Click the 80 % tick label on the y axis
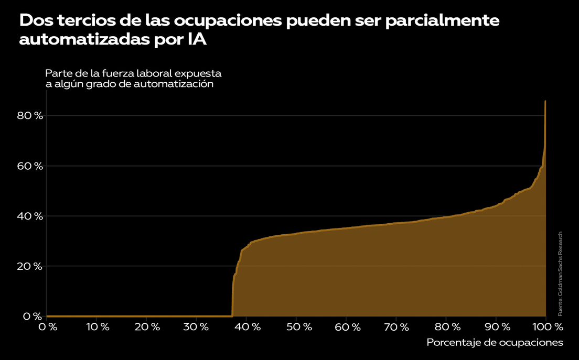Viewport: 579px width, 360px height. pyautogui.click(x=29, y=116)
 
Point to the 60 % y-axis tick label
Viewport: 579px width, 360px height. pyautogui.click(x=29, y=166)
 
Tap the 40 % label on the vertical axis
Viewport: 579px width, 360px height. pyautogui.click(x=29, y=216)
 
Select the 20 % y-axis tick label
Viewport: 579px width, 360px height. pyautogui.click(x=29, y=266)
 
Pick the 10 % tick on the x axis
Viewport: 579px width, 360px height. pyautogui.click(x=97, y=327)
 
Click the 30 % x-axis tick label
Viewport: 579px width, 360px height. pyautogui.click(x=197, y=327)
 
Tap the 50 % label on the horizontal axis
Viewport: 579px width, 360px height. pyautogui.click(x=296, y=327)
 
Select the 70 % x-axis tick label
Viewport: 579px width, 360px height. pyautogui.click(x=396, y=327)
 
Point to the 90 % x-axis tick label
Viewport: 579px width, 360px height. pyautogui.click(x=496, y=327)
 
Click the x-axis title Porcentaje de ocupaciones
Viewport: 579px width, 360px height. pyautogui.click(x=495, y=343)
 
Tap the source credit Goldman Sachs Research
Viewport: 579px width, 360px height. pyautogui.click(x=560, y=274)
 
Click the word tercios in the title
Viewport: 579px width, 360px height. pyautogui.click(x=85, y=21)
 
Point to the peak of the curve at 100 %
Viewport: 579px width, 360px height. pyautogui.click(x=545, y=101)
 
